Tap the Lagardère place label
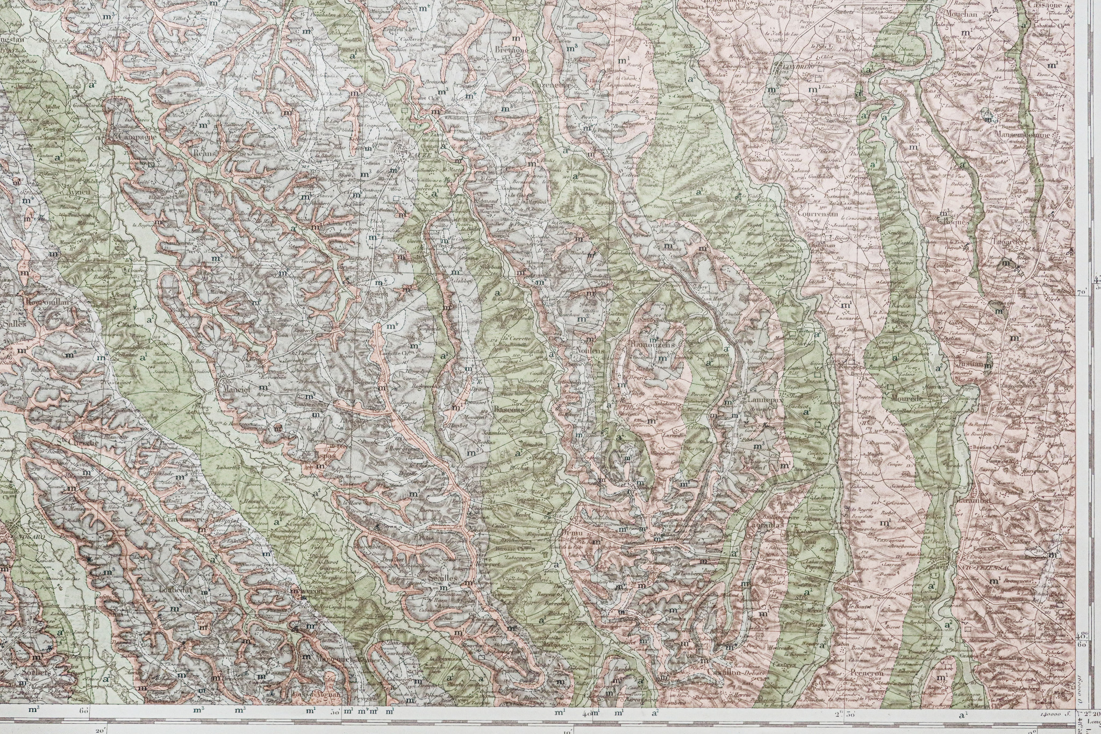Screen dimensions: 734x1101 [1010, 243]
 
